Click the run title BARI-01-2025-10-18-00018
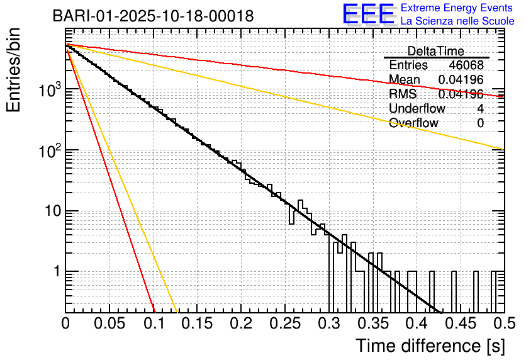point(153,16)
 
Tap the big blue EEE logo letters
point(368,14)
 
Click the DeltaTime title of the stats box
point(436,51)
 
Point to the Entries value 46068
point(466,65)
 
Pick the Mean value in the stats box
point(461,80)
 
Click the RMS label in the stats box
point(403,94)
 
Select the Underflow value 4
point(480,109)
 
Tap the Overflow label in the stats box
point(413,123)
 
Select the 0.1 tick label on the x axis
point(154,323)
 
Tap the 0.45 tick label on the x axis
point(460,323)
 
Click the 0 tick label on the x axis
point(65,323)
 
